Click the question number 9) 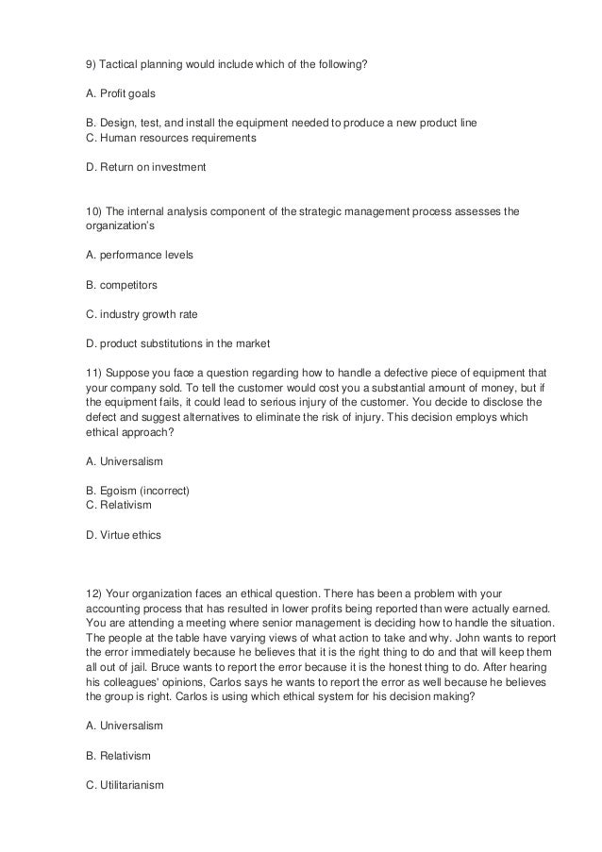(x=92, y=63)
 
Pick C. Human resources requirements (x=171, y=138)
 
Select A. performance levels (x=139, y=256)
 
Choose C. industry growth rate (x=142, y=312)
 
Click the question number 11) (x=94, y=372)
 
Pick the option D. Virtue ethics (x=124, y=535)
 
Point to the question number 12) (x=94, y=593)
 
